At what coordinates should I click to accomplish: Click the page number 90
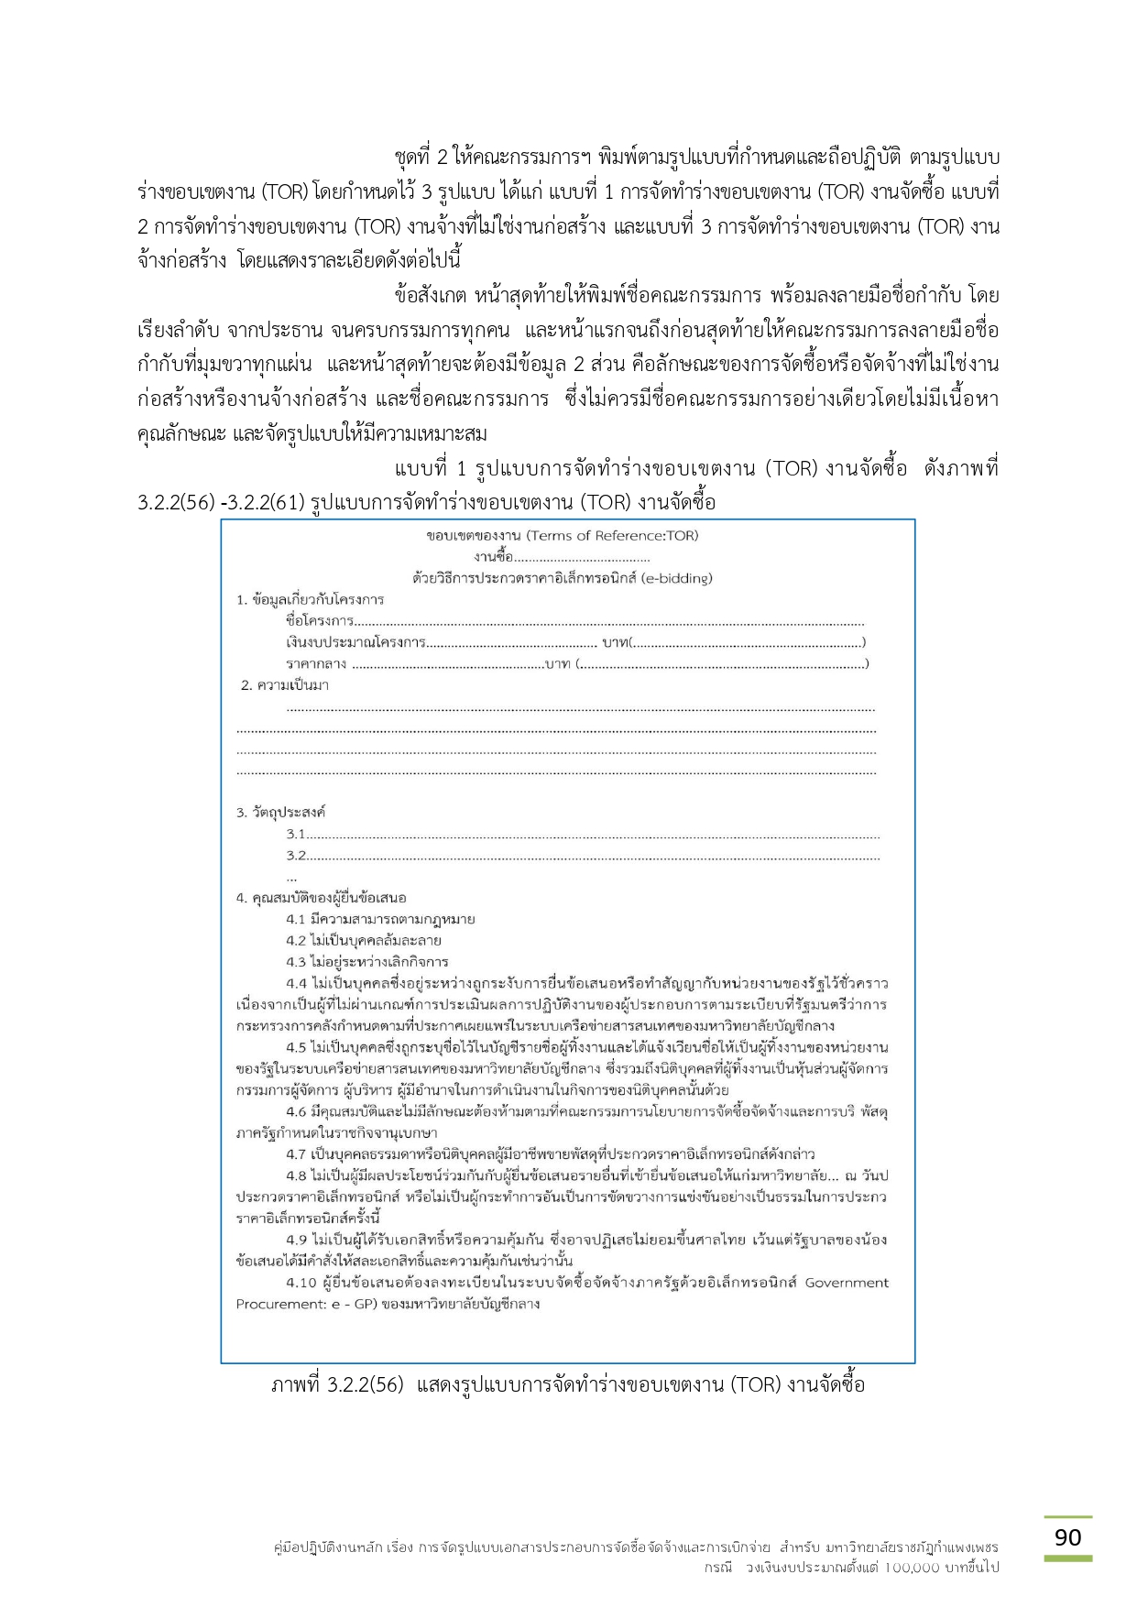[1067, 1537]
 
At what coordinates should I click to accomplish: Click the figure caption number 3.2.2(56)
[364, 1384]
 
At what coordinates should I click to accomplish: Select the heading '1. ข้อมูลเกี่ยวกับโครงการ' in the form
[310, 600]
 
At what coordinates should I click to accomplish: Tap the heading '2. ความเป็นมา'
[284, 685]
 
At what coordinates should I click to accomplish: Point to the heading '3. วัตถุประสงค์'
[281, 813]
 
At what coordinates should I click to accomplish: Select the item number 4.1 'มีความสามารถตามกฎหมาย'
[296, 919]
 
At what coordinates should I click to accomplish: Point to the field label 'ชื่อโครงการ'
[319, 621]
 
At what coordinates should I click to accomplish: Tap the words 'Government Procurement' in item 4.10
[847, 1283]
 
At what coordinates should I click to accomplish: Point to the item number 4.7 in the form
[296, 1154]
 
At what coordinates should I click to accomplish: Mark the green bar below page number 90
[1067, 1558]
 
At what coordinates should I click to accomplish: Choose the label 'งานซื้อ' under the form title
[493, 557]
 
